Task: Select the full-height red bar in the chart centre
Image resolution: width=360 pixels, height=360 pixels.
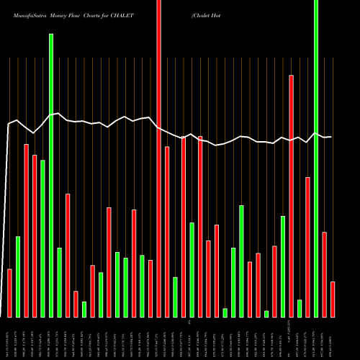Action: [x=158, y=158]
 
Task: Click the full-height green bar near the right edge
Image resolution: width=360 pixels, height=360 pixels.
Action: [x=315, y=158]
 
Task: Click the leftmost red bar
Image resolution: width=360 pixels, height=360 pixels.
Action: [x=9, y=292]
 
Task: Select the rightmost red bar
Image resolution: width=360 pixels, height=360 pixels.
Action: [x=333, y=299]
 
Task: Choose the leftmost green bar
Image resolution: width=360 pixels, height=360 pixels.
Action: [x=18, y=276]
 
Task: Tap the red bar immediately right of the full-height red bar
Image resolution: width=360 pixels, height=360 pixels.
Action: [x=167, y=231]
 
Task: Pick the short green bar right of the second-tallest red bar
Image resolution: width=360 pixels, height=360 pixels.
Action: [x=300, y=308]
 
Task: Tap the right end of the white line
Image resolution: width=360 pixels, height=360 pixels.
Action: [x=331, y=137]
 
